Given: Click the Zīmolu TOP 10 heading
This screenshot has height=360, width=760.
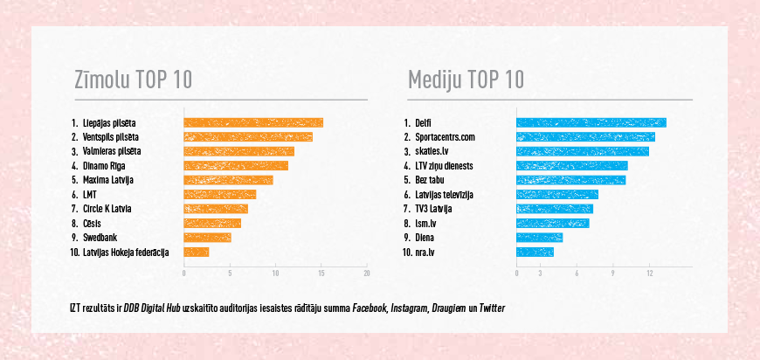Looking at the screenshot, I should pyautogui.click(x=133, y=80).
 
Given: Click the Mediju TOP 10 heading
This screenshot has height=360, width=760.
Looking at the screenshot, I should pyautogui.click(x=466, y=80).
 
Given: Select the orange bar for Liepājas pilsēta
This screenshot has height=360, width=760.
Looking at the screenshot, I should pyautogui.click(x=252, y=123).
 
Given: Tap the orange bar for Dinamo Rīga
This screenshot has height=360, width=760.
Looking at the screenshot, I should pyautogui.click(x=235, y=166).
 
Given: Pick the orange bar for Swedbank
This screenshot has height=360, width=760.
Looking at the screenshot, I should pyautogui.click(x=207, y=238).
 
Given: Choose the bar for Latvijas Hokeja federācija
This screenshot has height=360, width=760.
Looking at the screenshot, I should pyautogui.click(x=196, y=253).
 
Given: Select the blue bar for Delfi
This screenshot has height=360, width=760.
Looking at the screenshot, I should pyautogui.click(x=591, y=123).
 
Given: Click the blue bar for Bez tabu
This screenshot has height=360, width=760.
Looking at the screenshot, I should pyautogui.click(x=570, y=180).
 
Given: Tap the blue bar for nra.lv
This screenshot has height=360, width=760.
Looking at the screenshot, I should pyautogui.click(x=535, y=253).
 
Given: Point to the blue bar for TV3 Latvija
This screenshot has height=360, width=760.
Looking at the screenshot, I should pyautogui.click(x=555, y=209).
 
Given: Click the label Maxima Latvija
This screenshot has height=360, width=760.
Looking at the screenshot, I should pyautogui.click(x=108, y=180).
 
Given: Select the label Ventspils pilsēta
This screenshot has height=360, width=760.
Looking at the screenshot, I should pyautogui.click(x=111, y=137).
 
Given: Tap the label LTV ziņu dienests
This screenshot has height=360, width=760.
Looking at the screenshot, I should pyautogui.click(x=446, y=166).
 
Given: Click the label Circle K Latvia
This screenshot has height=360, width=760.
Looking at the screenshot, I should pyautogui.click(x=108, y=209).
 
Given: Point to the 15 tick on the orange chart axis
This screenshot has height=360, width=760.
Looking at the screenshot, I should pyautogui.click(x=321, y=273).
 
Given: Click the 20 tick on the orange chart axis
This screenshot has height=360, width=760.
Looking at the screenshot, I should pyautogui.click(x=367, y=273).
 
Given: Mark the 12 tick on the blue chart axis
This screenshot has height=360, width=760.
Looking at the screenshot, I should pyautogui.click(x=650, y=273).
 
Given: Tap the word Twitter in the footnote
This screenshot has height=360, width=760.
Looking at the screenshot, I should pyautogui.click(x=492, y=308).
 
